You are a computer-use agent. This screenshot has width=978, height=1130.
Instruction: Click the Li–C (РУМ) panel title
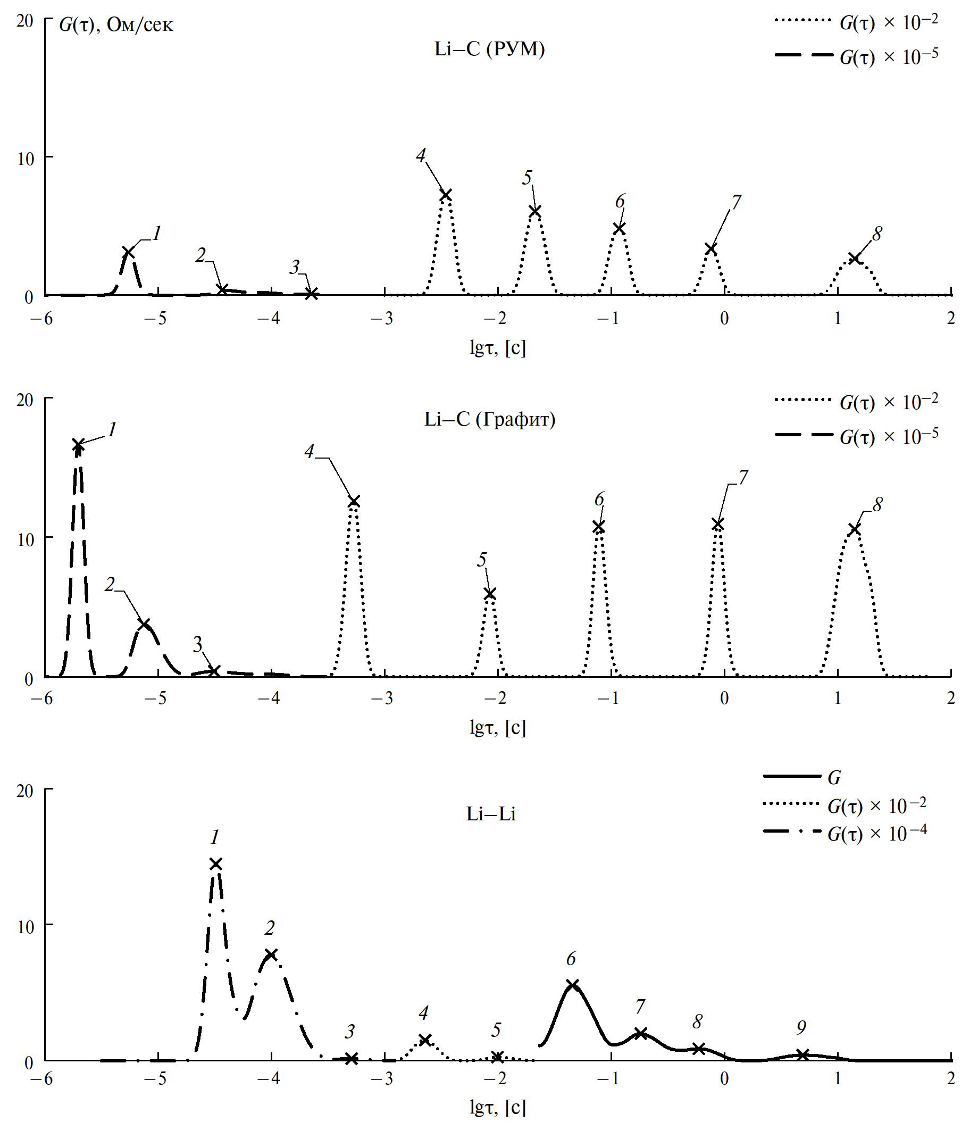[x=490, y=49]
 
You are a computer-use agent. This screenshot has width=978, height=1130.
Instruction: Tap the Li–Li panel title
[x=491, y=814]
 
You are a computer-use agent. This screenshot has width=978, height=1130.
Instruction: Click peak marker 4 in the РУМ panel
[x=446, y=195]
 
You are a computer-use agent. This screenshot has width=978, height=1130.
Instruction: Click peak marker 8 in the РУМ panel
[x=854, y=258]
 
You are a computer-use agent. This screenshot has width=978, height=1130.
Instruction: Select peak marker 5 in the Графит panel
[x=490, y=593]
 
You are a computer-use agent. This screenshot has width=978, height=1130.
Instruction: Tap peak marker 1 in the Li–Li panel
[x=216, y=863]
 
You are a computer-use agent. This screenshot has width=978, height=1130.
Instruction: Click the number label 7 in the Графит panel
[x=743, y=477]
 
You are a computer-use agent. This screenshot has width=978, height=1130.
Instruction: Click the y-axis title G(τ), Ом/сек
[x=116, y=25]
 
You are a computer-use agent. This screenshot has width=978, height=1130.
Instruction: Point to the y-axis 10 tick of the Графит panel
[x=26, y=539]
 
